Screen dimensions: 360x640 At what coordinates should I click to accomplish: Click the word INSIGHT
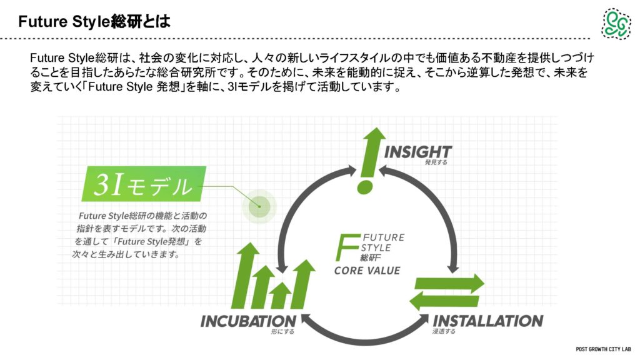tap(417, 151)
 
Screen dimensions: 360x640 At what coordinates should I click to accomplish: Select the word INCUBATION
tap(248, 321)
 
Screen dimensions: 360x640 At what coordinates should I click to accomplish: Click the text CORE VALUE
tap(367, 271)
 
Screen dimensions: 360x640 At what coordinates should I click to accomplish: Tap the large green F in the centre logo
tap(346, 247)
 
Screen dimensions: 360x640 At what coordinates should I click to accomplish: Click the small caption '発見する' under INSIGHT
tap(436, 162)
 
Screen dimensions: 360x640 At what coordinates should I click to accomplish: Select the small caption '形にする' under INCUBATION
tap(282, 331)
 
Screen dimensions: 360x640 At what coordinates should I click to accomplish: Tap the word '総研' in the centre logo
tap(370, 257)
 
